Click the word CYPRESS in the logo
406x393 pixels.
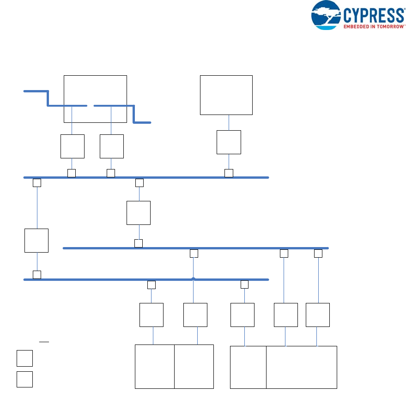tap(374, 16)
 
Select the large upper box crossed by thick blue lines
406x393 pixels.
tap(95, 88)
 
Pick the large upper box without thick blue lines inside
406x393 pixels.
tap(226, 95)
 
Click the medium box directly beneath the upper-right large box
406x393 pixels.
tap(229, 142)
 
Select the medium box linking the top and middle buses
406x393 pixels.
tap(139, 213)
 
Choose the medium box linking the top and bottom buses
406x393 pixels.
tap(36, 240)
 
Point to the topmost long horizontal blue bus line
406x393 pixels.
tap(185, 177)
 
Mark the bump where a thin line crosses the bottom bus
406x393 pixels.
tap(193, 279)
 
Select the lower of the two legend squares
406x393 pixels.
tap(24, 379)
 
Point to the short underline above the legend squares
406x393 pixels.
tap(44, 342)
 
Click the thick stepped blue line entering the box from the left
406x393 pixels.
tap(48, 98)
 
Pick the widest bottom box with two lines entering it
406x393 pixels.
tap(301, 367)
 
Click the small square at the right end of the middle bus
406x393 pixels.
tap(318, 253)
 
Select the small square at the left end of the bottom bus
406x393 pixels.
tap(37, 274)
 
